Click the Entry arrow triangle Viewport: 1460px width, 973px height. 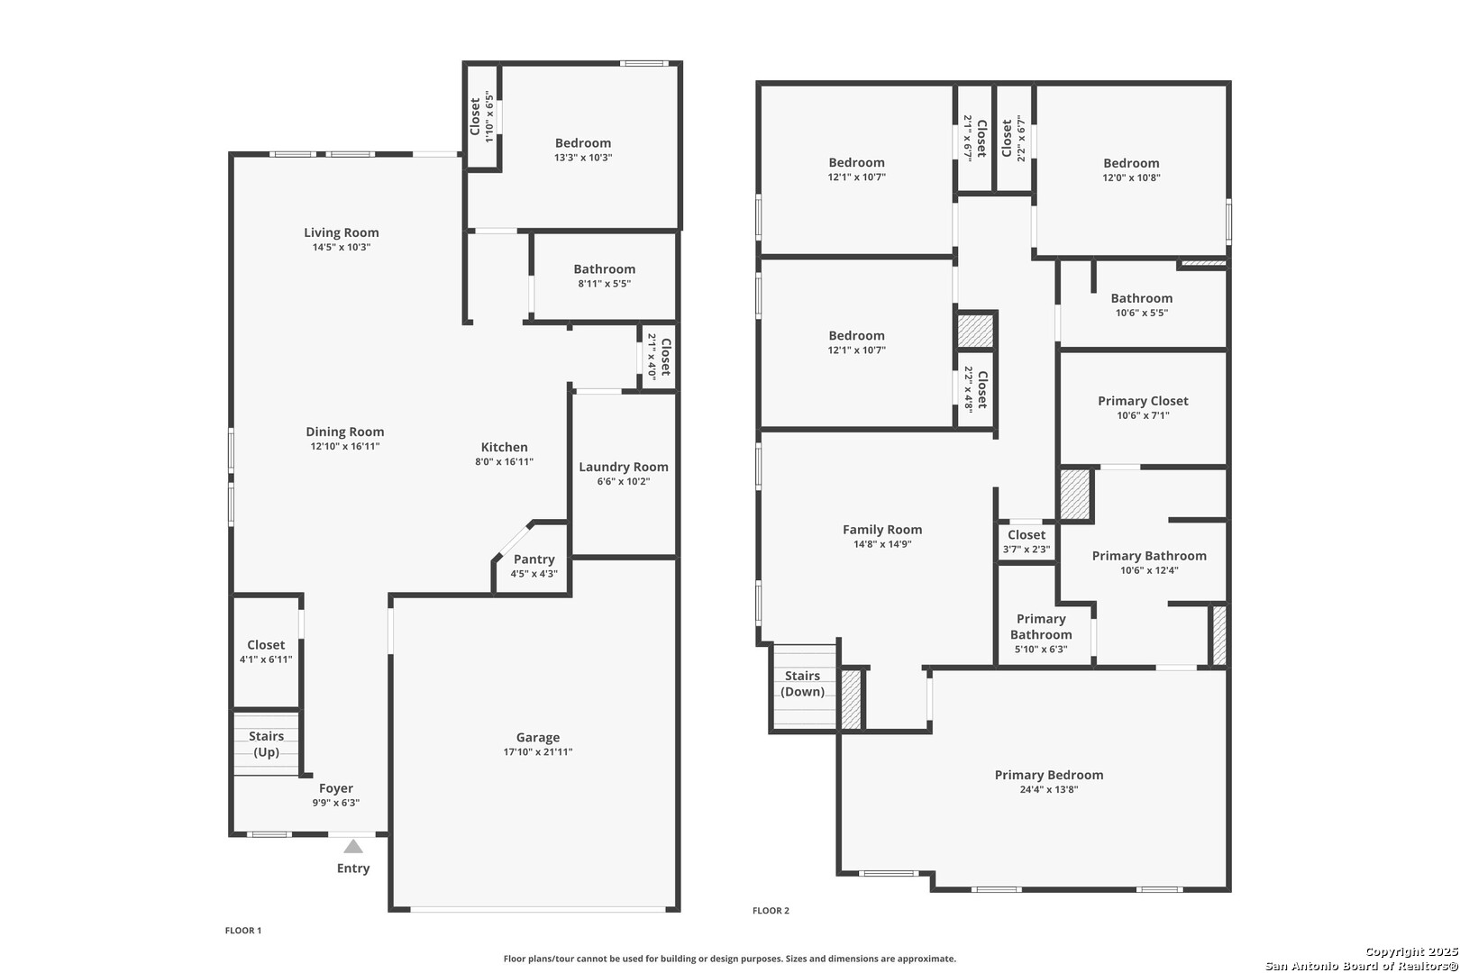tap(353, 847)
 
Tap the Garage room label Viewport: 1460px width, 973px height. tap(538, 737)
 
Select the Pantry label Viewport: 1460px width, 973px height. tap(534, 559)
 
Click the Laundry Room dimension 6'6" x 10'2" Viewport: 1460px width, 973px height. tap(624, 482)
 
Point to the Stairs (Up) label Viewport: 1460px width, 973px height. tap(266, 743)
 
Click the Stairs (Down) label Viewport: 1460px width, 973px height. tap(802, 684)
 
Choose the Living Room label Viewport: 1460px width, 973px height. tap(341, 232)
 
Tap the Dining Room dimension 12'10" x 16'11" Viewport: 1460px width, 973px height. tap(345, 447)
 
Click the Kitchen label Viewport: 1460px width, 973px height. tap(504, 447)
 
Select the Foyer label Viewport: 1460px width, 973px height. tap(335, 788)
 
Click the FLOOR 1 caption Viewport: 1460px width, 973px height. tap(243, 930)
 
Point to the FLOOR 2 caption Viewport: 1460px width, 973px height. tap(771, 911)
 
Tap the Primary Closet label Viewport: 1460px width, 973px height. tap(1143, 402)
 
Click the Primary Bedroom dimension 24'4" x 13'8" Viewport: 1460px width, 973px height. tap(1049, 789)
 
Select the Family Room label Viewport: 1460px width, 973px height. tap(882, 530)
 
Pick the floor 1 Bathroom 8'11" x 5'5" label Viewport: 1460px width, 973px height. tap(604, 276)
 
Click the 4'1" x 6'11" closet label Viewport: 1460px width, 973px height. tap(266, 651)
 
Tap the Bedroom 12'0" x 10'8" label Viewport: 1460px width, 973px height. tap(1132, 169)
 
